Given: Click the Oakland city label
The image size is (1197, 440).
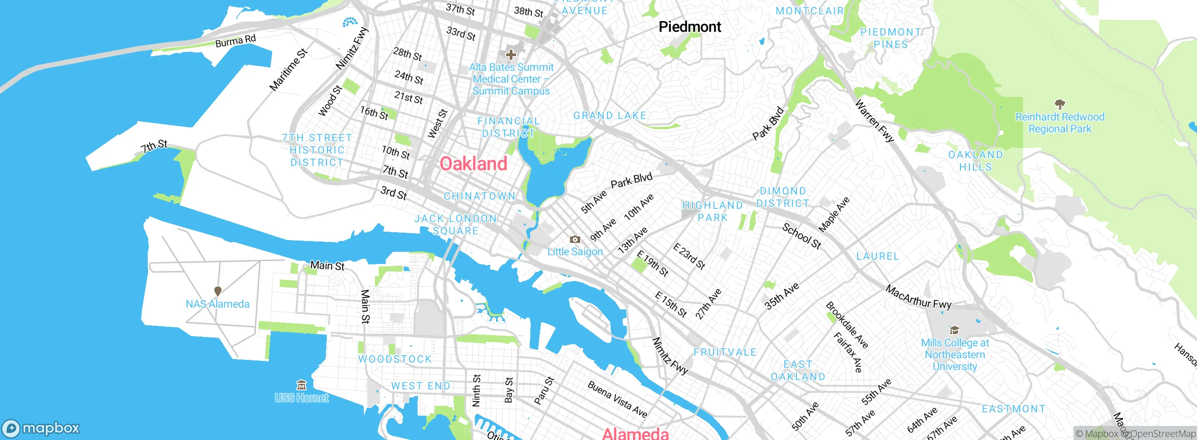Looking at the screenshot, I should click(473, 164).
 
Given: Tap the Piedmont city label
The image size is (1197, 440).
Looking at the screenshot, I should click(690, 27).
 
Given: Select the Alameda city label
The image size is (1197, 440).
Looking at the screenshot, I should click(635, 433).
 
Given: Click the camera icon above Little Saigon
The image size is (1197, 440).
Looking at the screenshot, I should click(575, 239).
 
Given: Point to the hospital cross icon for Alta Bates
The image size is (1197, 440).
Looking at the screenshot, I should click(511, 55).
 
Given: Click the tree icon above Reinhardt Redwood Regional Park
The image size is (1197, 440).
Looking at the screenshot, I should click(1060, 104).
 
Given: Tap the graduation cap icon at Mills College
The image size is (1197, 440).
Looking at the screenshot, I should click(954, 330).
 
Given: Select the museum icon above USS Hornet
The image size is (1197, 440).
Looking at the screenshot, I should click(302, 385).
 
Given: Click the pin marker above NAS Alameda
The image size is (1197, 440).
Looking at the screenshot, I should click(217, 291).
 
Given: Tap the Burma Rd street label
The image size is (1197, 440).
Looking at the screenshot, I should click(235, 41).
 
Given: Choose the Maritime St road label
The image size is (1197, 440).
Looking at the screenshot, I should click(288, 70).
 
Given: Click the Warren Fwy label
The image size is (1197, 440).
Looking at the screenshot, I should click(874, 121).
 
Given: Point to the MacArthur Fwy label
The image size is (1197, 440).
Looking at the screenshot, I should click(918, 297).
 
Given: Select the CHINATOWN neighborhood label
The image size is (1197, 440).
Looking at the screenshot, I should click(479, 196).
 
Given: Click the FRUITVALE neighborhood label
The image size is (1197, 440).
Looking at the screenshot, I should click(725, 352).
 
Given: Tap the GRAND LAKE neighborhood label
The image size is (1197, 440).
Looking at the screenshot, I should click(610, 116).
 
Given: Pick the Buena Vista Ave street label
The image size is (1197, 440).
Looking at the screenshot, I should click(617, 399).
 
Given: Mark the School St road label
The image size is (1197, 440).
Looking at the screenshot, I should click(801, 236).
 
